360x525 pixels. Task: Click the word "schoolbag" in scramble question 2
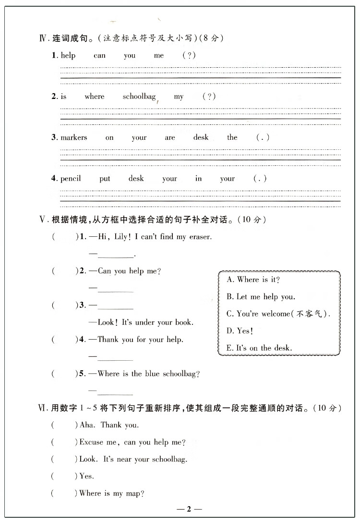click(139, 97)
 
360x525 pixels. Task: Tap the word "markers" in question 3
click(74, 137)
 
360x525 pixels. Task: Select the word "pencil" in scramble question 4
click(71, 179)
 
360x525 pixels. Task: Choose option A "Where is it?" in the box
click(253, 280)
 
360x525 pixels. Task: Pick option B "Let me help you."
click(261, 297)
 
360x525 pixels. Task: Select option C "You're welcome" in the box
click(278, 314)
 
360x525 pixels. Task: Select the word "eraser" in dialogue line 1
click(199, 237)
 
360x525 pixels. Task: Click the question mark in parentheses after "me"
click(189, 56)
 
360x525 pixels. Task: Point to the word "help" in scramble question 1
click(68, 56)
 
